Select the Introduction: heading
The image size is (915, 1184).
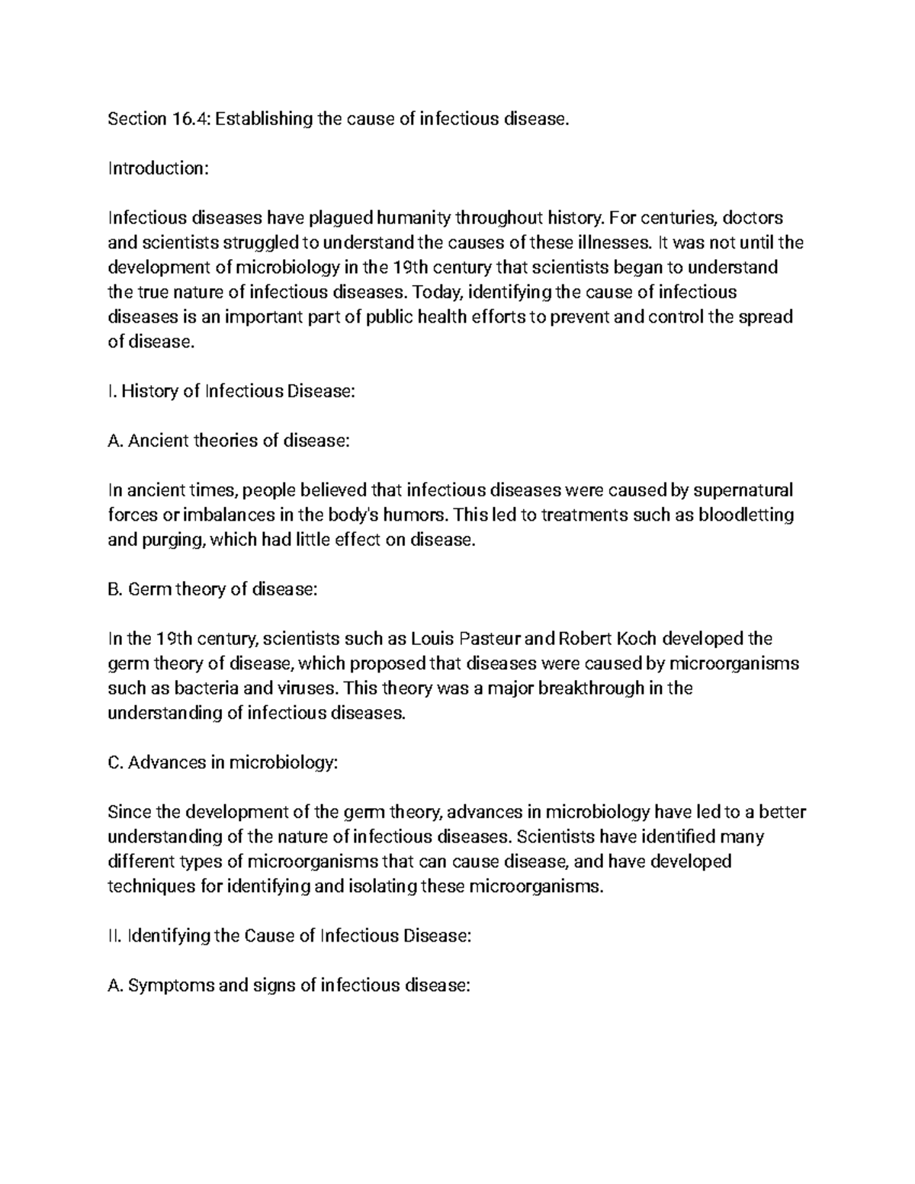coord(157,168)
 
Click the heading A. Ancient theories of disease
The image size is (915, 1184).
coord(229,441)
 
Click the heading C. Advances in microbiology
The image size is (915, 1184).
coord(222,762)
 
